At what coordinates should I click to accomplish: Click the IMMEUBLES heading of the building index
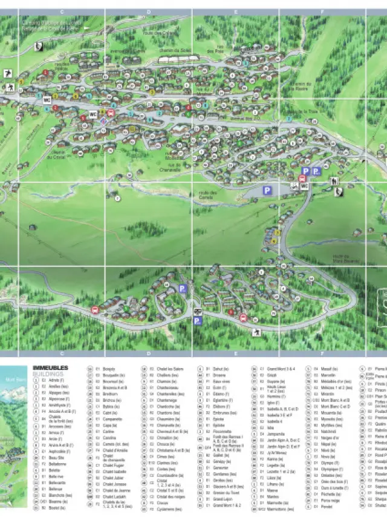[50, 367]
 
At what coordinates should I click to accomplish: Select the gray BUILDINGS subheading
[48, 374]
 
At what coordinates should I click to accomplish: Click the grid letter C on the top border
[61, 12]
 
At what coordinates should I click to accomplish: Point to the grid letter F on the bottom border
[322, 355]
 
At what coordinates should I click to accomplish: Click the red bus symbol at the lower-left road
[94, 309]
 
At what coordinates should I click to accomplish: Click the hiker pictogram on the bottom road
[257, 332]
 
